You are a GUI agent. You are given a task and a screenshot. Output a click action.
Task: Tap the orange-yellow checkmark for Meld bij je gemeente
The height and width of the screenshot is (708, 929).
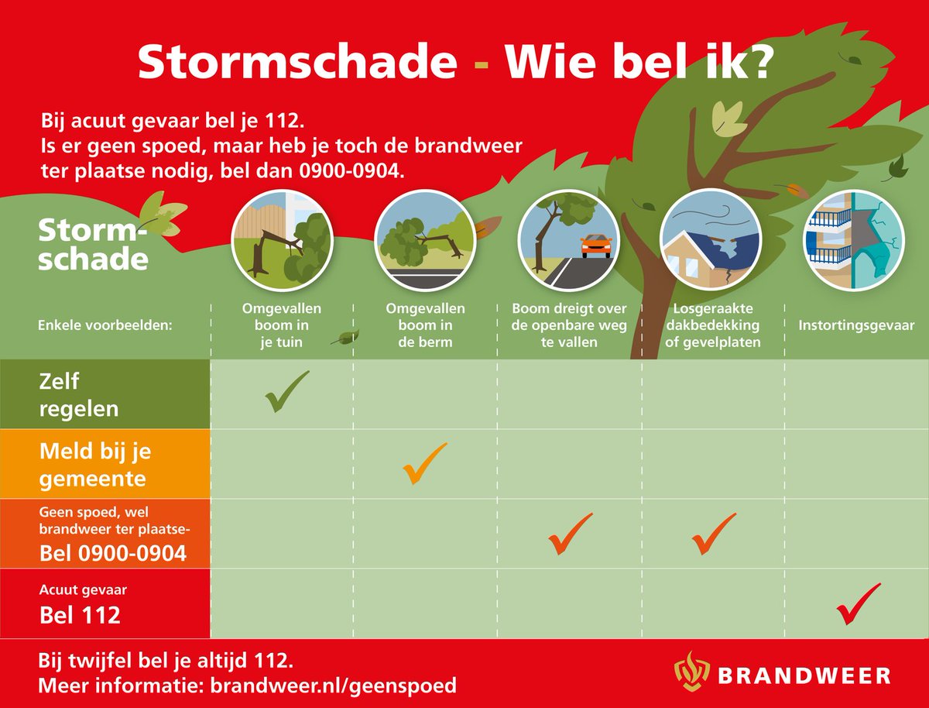[424, 462]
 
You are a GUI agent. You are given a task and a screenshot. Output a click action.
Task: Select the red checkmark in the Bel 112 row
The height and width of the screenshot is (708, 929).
[858, 603]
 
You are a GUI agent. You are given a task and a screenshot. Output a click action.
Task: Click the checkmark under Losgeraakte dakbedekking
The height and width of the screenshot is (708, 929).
[713, 534]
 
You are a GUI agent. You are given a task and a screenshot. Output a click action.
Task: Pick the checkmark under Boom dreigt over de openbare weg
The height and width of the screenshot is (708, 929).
[570, 534]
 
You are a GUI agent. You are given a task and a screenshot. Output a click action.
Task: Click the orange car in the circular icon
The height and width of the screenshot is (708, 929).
[595, 246]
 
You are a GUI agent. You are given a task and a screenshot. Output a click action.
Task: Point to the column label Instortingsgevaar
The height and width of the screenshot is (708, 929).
[856, 325]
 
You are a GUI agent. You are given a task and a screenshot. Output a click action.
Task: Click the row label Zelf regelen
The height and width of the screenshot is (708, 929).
[79, 394]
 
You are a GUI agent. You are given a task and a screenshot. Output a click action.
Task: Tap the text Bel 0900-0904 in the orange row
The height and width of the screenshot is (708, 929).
[113, 553]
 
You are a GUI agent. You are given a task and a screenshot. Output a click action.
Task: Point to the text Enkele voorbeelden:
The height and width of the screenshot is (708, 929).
[105, 325]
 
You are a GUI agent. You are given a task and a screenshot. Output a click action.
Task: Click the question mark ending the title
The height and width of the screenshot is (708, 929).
[753, 63]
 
